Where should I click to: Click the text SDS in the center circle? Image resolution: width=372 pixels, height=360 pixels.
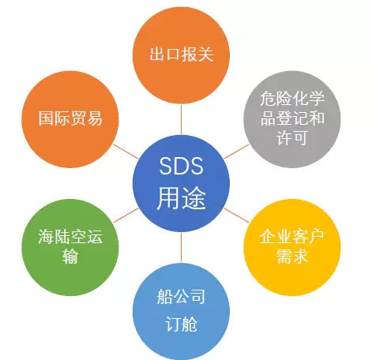(181, 166)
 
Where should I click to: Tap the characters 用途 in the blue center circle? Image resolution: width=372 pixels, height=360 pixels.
(181, 198)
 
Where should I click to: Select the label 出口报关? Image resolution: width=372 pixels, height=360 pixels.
(182, 54)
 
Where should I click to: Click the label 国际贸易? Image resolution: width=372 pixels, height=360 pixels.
(70, 118)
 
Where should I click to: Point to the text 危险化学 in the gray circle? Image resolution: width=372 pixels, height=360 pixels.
(292, 99)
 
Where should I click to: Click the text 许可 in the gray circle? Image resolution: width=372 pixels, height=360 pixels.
(292, 137)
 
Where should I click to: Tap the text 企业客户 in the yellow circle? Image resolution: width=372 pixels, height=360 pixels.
(292, 237)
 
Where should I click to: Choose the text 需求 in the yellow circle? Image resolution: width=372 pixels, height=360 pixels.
(292, 256)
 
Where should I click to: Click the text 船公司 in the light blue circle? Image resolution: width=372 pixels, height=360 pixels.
(181, 296)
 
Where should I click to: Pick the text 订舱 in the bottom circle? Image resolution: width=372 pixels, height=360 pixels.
(181, 324)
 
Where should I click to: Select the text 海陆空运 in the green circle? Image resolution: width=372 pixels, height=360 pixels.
(70, 237)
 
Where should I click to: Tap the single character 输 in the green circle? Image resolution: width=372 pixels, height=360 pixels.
(70, 256)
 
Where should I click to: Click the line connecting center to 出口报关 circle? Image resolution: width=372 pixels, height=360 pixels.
(181, 120)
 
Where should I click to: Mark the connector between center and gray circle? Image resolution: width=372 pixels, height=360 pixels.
(236, 152)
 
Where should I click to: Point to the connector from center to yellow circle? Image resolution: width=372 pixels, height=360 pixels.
(236, 216)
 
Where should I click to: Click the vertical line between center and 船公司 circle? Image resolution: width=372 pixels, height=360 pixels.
(181, 247)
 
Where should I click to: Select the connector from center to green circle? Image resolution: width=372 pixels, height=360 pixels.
(126, 216)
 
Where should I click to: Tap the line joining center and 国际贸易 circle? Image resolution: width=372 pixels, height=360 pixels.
(126, 152)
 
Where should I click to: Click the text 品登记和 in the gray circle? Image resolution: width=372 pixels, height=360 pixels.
(292, 118)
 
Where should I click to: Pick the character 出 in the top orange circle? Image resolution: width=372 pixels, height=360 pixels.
(157, 54)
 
